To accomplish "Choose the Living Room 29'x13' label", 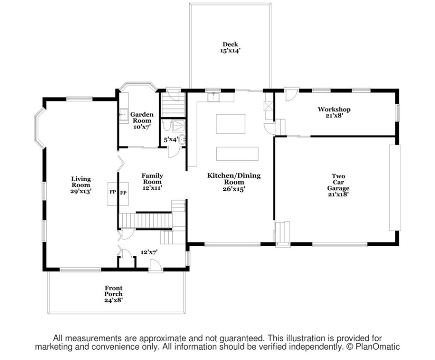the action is click(81, 185).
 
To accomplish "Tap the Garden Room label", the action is click(142, 120).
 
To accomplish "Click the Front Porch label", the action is click(113, 294).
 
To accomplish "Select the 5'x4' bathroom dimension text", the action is click(170, 139).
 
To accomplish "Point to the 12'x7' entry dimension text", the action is click(149, 252).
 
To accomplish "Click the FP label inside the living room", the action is click(113, 192).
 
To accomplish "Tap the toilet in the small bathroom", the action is click(167, 127).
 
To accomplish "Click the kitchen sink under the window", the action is click(214, 97).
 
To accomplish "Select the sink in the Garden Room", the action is click(124, 115).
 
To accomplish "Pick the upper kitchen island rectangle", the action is click(230, 124).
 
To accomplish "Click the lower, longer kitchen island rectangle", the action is click(237, 154).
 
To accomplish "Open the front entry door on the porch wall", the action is click(155, 266).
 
